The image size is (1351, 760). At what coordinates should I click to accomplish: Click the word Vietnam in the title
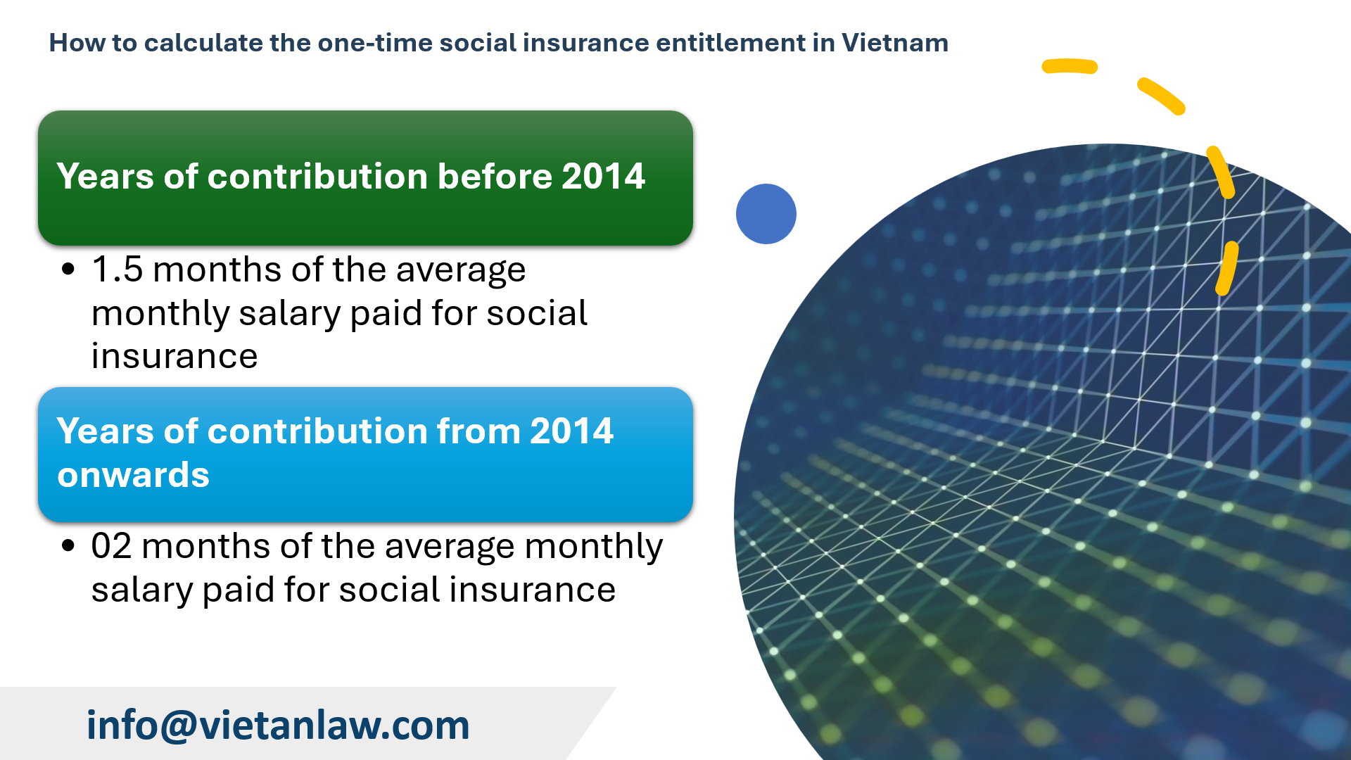tap(894, 43)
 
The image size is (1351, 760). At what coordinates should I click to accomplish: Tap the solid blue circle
tap(766, 214)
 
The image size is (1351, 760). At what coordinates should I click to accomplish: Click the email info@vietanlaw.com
tap(278, 725)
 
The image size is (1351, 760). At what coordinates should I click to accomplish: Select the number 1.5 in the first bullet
tap(117, 270)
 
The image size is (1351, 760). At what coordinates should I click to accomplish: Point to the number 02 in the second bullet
tap(111, 546)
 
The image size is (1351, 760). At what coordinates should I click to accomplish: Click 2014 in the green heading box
tap(603, 176)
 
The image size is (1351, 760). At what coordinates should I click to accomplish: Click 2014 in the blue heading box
tap(571, 431)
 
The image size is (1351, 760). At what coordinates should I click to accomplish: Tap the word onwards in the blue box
tap(134, 475)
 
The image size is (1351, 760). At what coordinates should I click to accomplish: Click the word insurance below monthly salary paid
tap(175, 356)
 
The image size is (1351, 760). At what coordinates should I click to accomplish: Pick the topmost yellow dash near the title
tap(1070, 67)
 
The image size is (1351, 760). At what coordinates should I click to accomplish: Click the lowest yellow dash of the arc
tap(1226, 269)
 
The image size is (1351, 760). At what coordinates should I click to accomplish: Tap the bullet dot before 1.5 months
tap(68, 269)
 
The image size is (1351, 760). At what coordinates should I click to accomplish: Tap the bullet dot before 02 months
tap(68, 545)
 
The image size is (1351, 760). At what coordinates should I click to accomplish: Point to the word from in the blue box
tap(478, 431)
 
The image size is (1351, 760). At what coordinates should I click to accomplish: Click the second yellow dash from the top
tap(1161, 96)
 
